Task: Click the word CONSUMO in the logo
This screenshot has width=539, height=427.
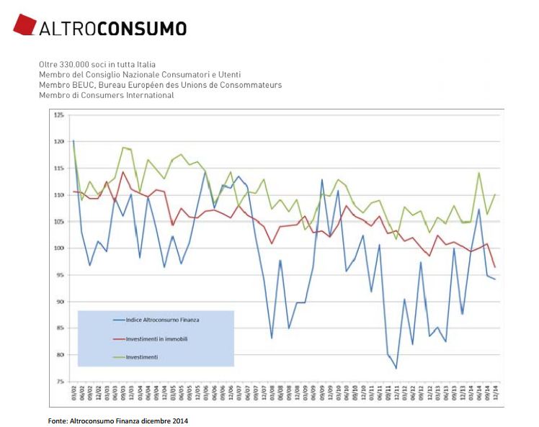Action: [142, 29]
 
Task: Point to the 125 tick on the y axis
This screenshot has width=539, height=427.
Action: [59, 115]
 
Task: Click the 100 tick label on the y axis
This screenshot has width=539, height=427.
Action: [59, 248]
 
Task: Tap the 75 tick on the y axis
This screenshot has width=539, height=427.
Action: [61, 382]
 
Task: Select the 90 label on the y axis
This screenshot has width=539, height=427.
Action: [61, 302]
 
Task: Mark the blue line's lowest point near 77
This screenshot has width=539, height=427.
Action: [396, 368]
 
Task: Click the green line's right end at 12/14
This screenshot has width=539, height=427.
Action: [495, 194]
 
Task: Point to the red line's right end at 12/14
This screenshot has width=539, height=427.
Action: [495, 267]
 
